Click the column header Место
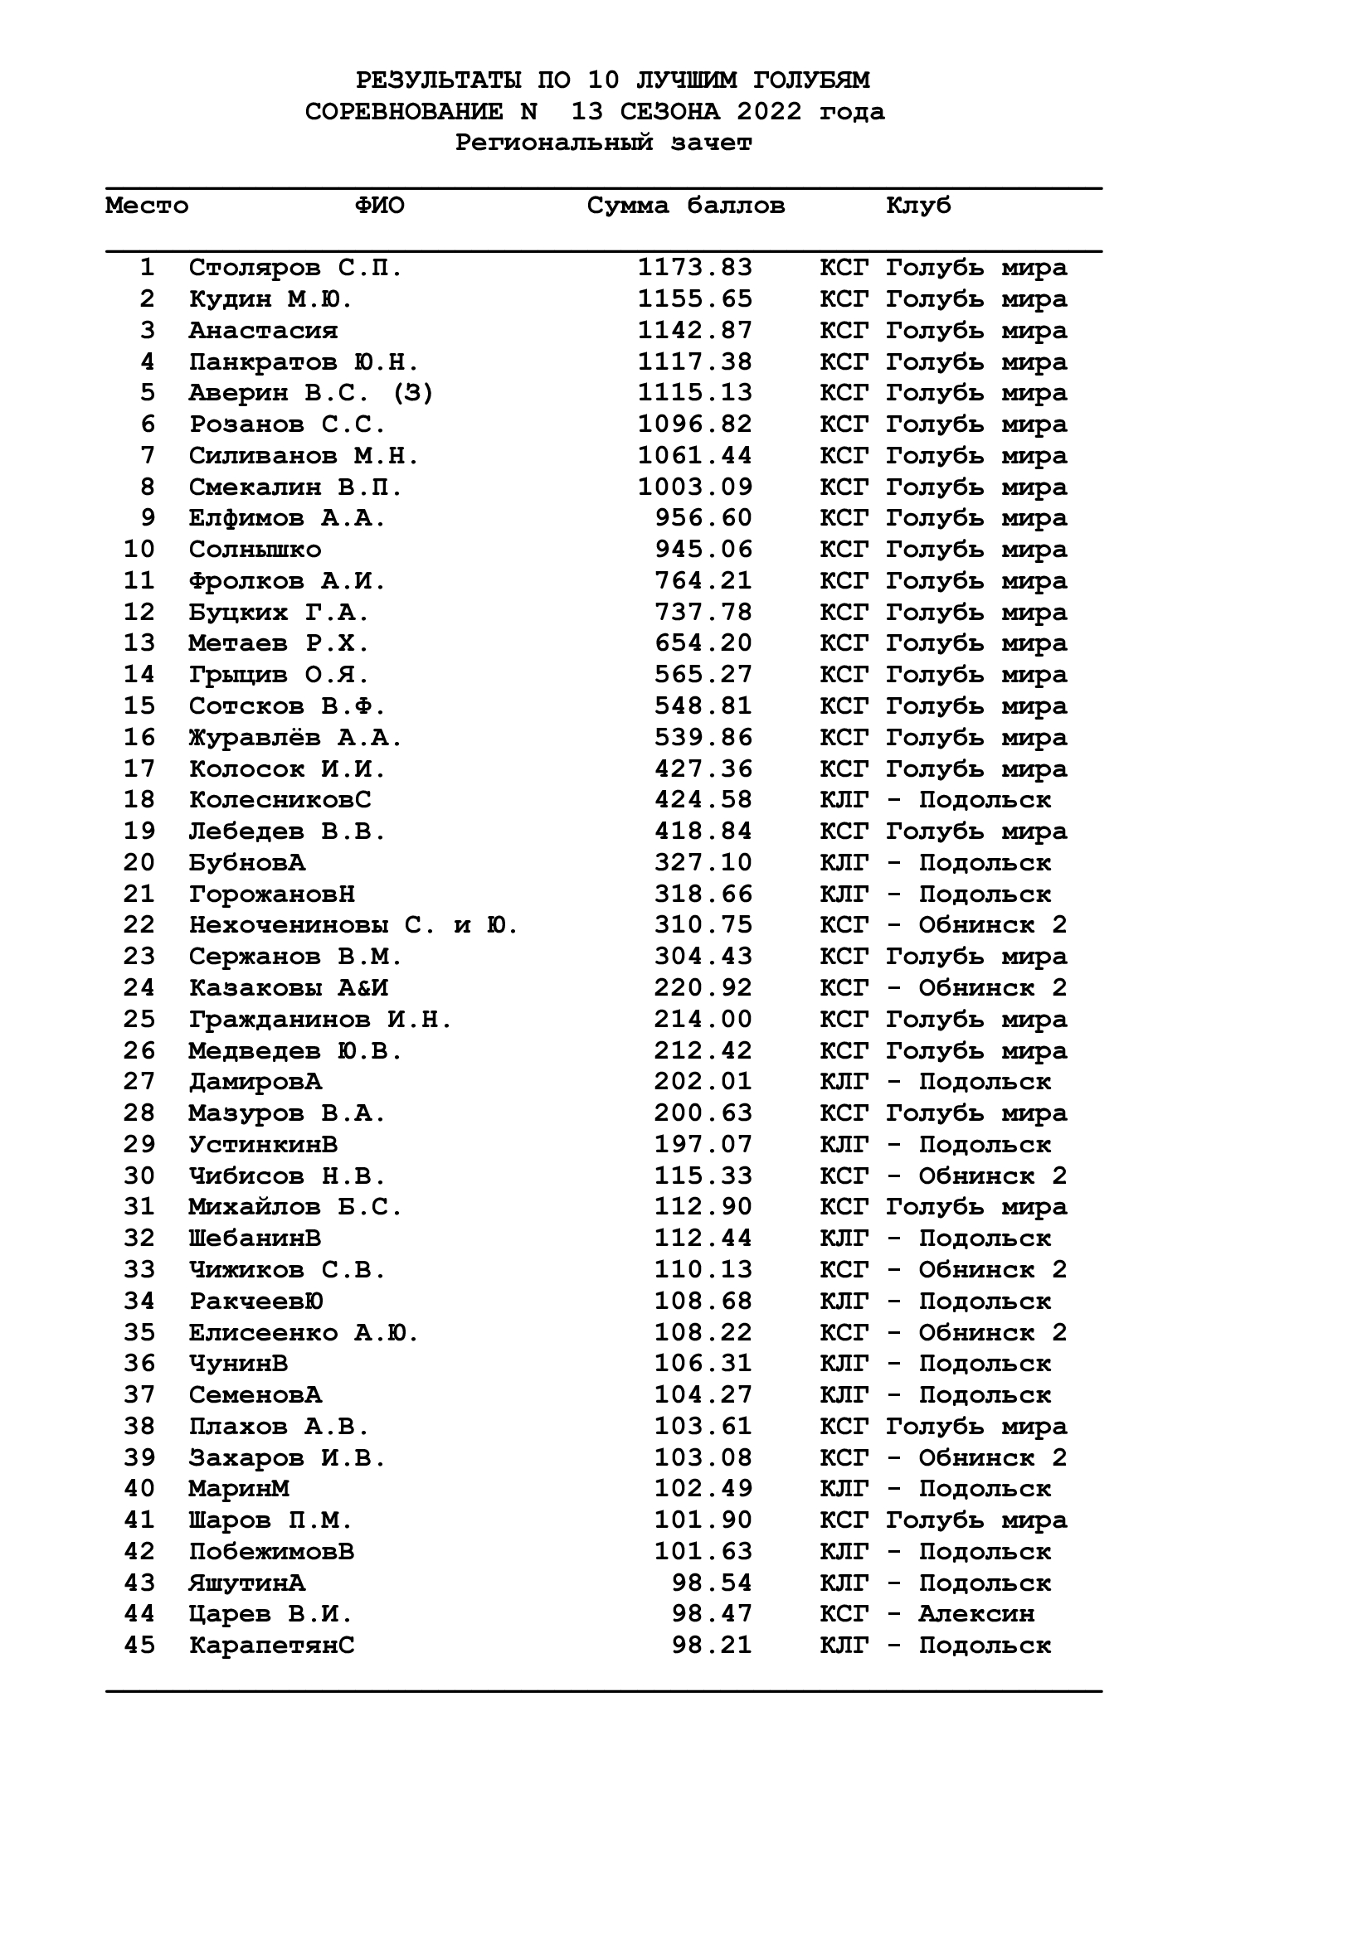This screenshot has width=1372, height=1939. pos(147,206)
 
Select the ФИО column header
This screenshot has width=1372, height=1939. pos(379,206)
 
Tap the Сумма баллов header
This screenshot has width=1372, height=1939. pos(686,206)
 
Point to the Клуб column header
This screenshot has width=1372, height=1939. pos(918,206)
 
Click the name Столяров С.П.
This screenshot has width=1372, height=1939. pos(295,269)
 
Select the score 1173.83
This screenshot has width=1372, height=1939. pos(694,269)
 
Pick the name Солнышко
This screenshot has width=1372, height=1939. pos(255,550)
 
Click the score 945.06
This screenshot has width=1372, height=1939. pos(703,550)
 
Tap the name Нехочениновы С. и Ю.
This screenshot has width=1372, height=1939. pos(353,926)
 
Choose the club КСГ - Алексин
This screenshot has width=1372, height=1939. pos(927,1614)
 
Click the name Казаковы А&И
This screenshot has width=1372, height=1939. pos(288,988)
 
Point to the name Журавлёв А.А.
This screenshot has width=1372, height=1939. pos(295,738)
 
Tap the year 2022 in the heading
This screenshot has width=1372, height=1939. pos(769,112)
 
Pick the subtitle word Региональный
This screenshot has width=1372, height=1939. pos(553,143)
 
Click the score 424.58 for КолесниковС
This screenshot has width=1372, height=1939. pos(703,800)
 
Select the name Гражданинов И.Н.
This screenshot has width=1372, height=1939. pos(320,1020)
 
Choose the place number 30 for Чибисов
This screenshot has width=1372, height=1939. pos(139,1176)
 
